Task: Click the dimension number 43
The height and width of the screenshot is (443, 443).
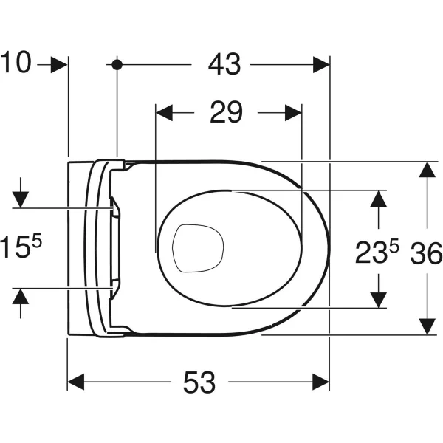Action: [x=224, y=65]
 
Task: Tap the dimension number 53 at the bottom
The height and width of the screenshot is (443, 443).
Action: [x=199, y=382]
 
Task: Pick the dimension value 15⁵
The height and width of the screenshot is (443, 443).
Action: [x=22, y=247]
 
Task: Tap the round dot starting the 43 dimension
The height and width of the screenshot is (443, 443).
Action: [x=117, y=65]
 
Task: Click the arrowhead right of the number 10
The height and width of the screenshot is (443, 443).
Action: [x=59, y=65]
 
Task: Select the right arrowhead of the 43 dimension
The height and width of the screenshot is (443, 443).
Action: [x=321, y=65]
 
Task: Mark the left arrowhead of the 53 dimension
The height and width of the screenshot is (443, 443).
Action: [x=77, y=382]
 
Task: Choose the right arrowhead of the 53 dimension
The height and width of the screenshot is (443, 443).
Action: [x=320, y=382]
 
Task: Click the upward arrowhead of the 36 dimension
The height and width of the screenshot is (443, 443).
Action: [x=426, y=170]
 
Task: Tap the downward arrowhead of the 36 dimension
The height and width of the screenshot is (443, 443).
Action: [x=426, y=326]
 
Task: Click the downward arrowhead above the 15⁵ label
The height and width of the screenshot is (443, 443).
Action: [x=21, y=198]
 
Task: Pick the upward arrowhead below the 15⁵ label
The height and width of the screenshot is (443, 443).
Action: [x=21, y=296]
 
